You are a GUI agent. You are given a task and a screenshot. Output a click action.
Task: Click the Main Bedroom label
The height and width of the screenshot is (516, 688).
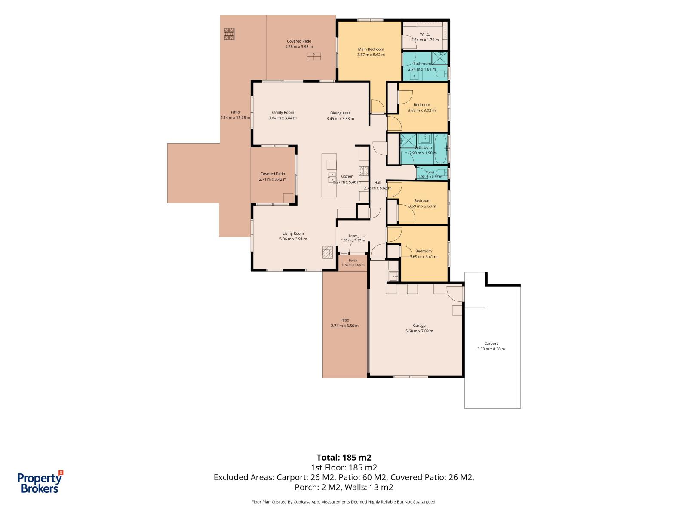click(371, 49)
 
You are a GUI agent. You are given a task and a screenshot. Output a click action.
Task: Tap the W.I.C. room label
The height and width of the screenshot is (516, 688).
click(425, 34)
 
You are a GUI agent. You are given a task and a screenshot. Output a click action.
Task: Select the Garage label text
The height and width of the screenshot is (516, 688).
click(419, 325)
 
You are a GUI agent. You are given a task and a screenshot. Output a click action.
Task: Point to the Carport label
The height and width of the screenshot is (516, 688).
click(491, 344)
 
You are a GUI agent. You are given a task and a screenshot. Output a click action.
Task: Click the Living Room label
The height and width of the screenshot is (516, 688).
click(293, 233)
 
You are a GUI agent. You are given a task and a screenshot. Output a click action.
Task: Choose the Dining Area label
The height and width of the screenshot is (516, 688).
click(340, 113)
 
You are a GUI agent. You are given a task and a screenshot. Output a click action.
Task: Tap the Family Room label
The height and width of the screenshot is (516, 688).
click(283, 113)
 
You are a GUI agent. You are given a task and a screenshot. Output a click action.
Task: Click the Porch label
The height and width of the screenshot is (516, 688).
click(353, 260)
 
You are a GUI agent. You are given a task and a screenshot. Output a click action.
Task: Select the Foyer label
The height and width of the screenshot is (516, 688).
click(353, 236)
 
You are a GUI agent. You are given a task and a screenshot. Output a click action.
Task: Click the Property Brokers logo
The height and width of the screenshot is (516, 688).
click(40, 482)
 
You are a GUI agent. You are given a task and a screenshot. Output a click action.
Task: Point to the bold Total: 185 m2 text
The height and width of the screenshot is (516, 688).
click(344, 458)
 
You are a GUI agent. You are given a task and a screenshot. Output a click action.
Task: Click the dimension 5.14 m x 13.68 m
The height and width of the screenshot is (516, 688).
click(235, 118)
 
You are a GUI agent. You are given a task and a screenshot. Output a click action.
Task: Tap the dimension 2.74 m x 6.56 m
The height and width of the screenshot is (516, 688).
click(345, 326)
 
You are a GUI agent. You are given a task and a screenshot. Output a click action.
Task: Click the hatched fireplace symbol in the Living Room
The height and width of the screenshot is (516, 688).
click(328, 252)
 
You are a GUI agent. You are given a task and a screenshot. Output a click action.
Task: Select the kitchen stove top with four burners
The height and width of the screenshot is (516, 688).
click(364, 171)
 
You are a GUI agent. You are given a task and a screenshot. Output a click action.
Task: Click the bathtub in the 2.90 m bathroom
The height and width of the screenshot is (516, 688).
click(441, 149)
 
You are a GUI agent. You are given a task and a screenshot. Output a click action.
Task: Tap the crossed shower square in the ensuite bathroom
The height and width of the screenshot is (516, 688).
click(440, 58)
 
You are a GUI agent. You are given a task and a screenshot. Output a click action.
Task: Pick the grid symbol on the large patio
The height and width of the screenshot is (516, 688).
click(229, 34)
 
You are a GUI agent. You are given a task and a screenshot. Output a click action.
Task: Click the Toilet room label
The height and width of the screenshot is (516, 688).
click(430, 172)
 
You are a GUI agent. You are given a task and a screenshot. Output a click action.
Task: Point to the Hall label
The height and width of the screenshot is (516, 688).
click(378, 182)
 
